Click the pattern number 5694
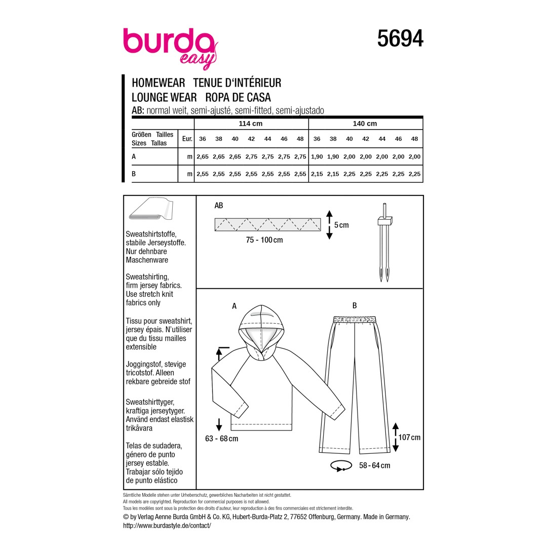coord(400,38)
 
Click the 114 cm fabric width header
coord(251,124)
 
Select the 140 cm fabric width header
coord(365,124)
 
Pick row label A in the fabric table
coord(134,157)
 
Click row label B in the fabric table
coord(134,174)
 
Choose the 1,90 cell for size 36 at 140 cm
coord(317,157)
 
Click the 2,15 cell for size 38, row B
coord(333,174)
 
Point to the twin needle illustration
coord(384,242)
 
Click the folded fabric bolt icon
coord(151,209)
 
